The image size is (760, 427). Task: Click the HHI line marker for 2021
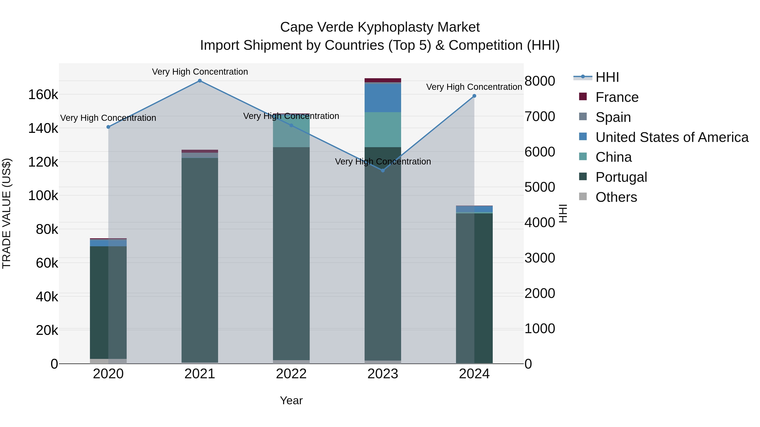click(200, 81)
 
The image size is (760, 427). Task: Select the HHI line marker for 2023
click(383, 171)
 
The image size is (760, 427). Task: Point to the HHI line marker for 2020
click(108, 127)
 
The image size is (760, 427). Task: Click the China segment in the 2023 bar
click(383, 130)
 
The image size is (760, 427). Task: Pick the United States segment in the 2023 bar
click(383, 98)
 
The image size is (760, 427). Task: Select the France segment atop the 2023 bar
click(383, 80)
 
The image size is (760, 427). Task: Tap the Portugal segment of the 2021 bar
click(200, 259)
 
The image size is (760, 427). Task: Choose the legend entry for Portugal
click(621, 177)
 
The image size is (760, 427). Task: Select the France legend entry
click(617, 97)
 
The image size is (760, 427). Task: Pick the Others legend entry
click(616, 197)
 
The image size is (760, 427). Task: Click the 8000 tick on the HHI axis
click(540, 81)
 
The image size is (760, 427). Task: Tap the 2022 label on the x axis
click(291, 374)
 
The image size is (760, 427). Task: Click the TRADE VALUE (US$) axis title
click(7, 213)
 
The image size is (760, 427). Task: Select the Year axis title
click(291, 400)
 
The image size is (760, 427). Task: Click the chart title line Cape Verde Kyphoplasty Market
click(380, 27)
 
